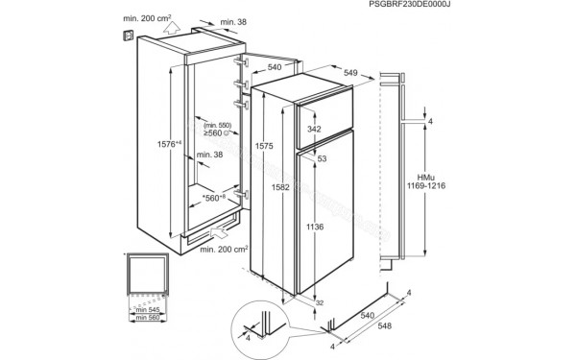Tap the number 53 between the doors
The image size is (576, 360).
323,157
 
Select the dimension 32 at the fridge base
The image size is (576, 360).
320,303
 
